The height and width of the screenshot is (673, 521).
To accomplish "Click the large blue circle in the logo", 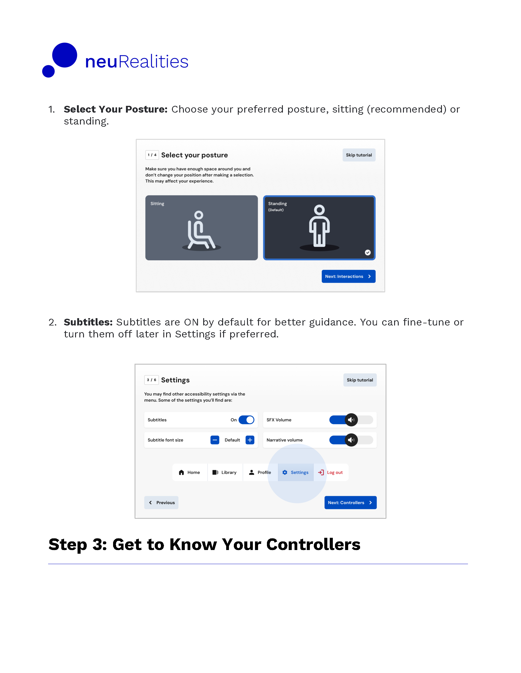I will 64,55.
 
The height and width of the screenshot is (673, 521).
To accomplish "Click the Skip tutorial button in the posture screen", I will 359,155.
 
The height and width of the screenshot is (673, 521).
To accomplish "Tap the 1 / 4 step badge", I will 152,155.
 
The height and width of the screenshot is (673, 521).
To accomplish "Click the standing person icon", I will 319,226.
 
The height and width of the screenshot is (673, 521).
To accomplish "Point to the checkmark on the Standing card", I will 367,253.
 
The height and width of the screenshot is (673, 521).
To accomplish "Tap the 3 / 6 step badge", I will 151,380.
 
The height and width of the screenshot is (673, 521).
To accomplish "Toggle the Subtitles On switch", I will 246,420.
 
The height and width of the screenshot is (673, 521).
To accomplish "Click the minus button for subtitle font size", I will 215,440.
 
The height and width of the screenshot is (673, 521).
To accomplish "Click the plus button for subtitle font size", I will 250,440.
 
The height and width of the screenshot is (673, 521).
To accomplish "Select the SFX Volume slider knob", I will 351,420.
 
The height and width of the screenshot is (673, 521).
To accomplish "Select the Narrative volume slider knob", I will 351,440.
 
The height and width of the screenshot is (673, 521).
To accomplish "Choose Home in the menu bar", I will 189,473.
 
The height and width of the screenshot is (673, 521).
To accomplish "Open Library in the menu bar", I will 225,473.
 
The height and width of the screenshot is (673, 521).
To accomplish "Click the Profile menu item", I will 260,473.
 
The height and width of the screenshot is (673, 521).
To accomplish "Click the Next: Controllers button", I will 350,503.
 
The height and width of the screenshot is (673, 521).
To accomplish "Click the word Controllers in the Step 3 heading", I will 313,545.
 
